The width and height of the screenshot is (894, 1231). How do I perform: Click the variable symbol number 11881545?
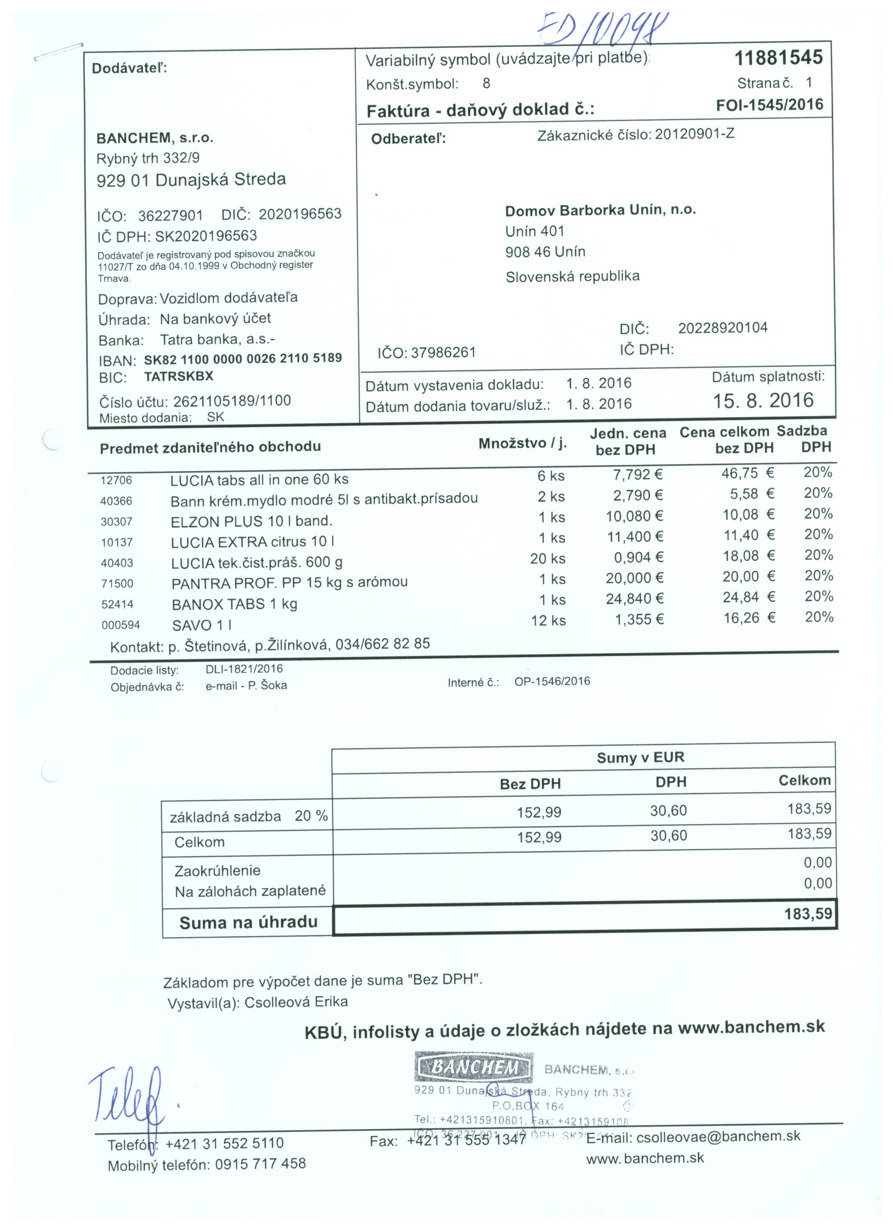[x=778, y=58]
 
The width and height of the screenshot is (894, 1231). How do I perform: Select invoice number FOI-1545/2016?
[x=769, y=105]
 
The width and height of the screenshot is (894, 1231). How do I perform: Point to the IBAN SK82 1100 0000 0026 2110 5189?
[x=243, y=359]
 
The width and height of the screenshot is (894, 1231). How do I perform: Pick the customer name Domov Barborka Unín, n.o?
[x=600, y=210]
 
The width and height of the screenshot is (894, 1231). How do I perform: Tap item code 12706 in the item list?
[x=116, y=480]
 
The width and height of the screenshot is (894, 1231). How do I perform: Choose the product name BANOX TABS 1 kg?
[x=234, y=604]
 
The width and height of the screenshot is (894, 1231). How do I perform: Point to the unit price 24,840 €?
[x=635, y=599]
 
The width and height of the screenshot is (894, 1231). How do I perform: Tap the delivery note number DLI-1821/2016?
[x=244, y=669]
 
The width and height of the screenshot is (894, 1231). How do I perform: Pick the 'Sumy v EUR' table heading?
[x=640, y=758]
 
